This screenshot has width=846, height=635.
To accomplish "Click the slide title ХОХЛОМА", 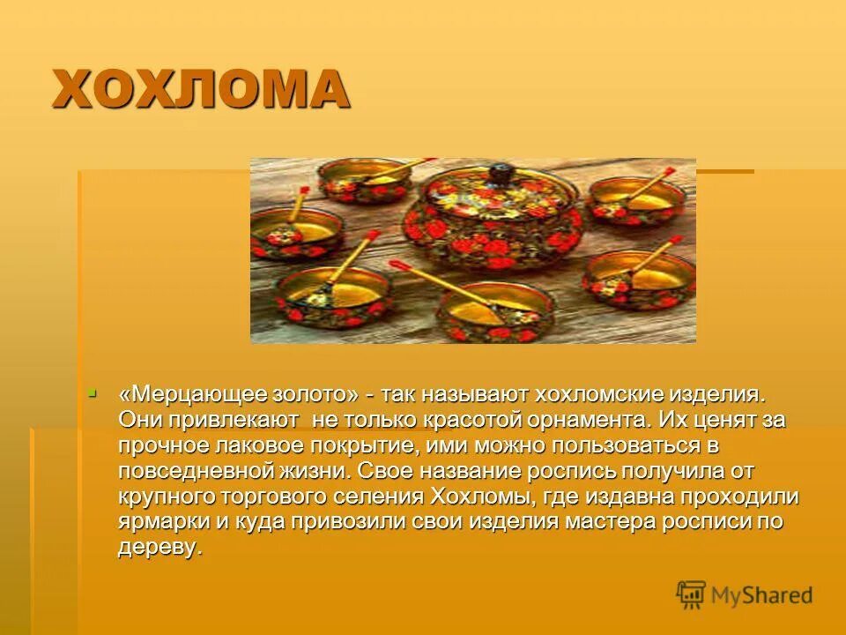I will [x=200, y=90].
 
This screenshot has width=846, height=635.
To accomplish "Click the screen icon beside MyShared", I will [x=692, y=595].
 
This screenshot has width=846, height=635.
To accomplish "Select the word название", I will [x=466, y=471].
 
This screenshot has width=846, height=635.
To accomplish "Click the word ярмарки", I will [x=161, y=521].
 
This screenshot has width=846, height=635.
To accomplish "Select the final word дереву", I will [x=159, y=547].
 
